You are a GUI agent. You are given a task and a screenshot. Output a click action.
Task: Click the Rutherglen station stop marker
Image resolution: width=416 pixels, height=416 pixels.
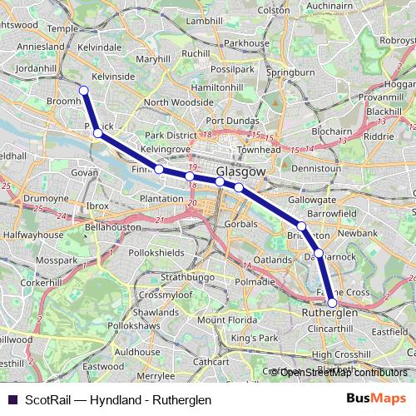point(332,303)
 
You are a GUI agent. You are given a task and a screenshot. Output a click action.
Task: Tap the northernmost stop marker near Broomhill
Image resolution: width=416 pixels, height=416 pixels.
point(83,91)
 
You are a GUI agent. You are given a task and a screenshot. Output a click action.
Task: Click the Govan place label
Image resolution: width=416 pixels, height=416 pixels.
point(85,172)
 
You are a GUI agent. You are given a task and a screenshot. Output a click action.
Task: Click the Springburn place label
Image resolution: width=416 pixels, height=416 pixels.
point(292,72)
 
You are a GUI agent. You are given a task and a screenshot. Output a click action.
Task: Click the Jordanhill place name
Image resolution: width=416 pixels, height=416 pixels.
point(34,68)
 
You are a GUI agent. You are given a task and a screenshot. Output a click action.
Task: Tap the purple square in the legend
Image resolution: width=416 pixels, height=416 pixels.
point(11,399)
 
